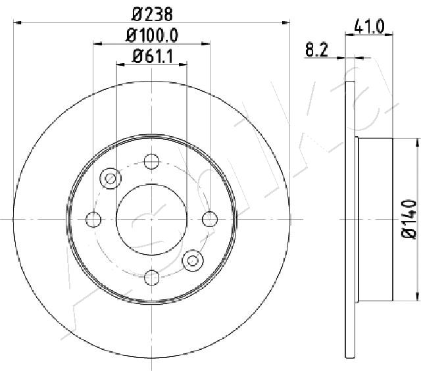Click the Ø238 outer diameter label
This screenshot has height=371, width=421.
[152, 14]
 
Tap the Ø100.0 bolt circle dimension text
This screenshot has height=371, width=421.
[152, 36]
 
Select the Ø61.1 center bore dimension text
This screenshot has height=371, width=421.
[153, 57]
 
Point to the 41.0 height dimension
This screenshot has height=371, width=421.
[369, 27]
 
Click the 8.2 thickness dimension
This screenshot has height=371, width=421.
[317, 50]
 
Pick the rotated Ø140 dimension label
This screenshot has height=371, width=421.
[409, 219]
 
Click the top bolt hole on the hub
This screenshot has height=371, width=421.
[151, 161]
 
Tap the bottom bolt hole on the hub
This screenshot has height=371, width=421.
[152, 278]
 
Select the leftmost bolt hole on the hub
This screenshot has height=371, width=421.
[93, 220]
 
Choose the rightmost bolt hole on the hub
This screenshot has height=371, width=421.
[210, 219]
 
